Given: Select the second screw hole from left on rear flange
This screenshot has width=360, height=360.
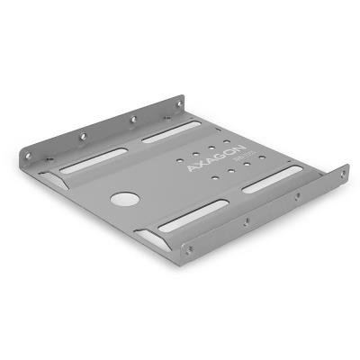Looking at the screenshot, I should click(82, 136).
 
